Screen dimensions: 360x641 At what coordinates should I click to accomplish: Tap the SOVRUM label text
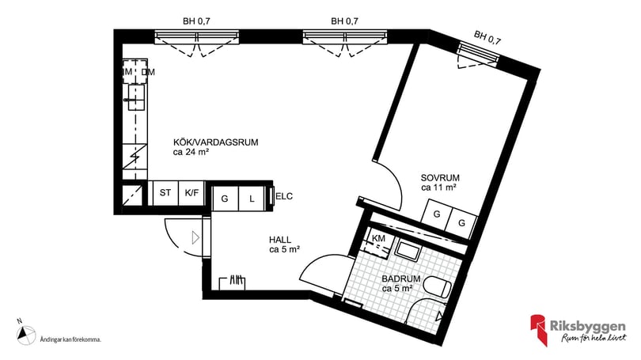click(x=441, y=178)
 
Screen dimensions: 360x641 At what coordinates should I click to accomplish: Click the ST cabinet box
click(x=165, y=193)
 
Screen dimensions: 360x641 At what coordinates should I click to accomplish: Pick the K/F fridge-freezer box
click(x=191, y=193)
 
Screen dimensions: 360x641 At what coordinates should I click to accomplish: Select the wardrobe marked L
click(x=252, y=199)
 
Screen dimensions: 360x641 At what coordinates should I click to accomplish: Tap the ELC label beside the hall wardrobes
click(x=284, y=196)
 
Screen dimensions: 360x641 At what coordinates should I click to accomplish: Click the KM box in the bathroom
click(x=378, y=238)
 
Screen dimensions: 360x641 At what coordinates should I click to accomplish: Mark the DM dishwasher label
click(x=148, y=74)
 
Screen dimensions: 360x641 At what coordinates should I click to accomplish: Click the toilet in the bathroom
click(x=437, y=289)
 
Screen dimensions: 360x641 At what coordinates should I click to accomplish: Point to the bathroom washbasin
click(x=409, y=252)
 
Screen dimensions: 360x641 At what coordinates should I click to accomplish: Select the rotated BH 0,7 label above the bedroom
click(x=488, y=36)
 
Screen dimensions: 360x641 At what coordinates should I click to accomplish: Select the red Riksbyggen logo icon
click(x=539, y=330)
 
